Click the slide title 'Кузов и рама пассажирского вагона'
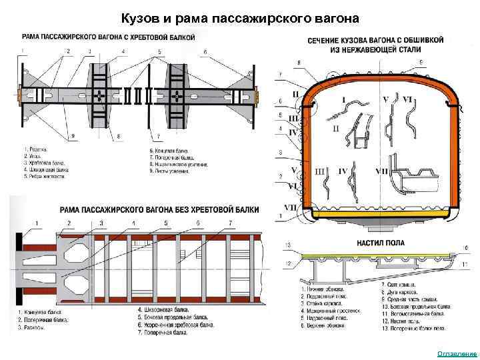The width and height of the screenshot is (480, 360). tap(240, 17)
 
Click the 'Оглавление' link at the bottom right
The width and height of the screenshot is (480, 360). tap(457, 353)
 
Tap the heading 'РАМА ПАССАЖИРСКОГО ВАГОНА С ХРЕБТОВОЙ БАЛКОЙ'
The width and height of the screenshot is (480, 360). tap(108, 37)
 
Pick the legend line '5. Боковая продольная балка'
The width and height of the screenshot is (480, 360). tap(172, 318)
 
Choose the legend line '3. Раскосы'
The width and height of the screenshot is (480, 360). tap(32, 327)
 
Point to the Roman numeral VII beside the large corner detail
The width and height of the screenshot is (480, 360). tap(381, 171)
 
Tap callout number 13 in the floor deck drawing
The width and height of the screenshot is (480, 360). tap(289, 246)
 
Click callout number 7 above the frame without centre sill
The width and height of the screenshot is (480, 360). tap(231, 222)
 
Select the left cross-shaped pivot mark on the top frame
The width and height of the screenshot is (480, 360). tap(99, 95)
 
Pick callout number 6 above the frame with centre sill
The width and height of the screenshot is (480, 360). tap(205, 51)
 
